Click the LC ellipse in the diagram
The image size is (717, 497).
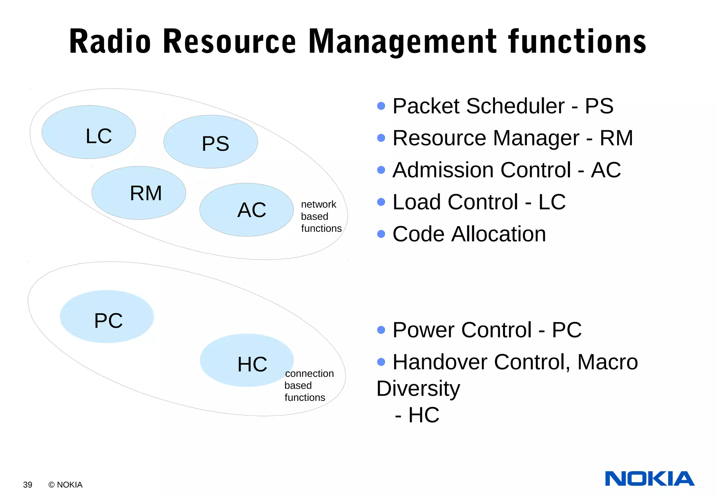(89, 132)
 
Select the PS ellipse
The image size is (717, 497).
(210, 142)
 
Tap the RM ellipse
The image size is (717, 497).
(139, 193)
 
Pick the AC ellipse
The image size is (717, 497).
(246, 210)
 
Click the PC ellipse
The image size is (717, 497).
(107, 316)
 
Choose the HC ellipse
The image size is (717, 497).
(246, 360)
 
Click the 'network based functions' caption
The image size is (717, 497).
(321, 216)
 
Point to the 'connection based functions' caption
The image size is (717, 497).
(308, 386)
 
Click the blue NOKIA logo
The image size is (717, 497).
(649, 479)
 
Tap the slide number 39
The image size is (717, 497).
(28, 485)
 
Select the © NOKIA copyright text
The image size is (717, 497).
(65, 485)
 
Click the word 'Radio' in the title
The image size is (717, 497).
(110, 42)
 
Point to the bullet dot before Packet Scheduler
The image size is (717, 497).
(381, 106)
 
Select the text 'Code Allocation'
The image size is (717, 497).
(469, 234)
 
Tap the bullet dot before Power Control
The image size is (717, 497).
(381, 330)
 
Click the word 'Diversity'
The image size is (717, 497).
(418, 388)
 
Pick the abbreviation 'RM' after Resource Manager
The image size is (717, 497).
(616, 138)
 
